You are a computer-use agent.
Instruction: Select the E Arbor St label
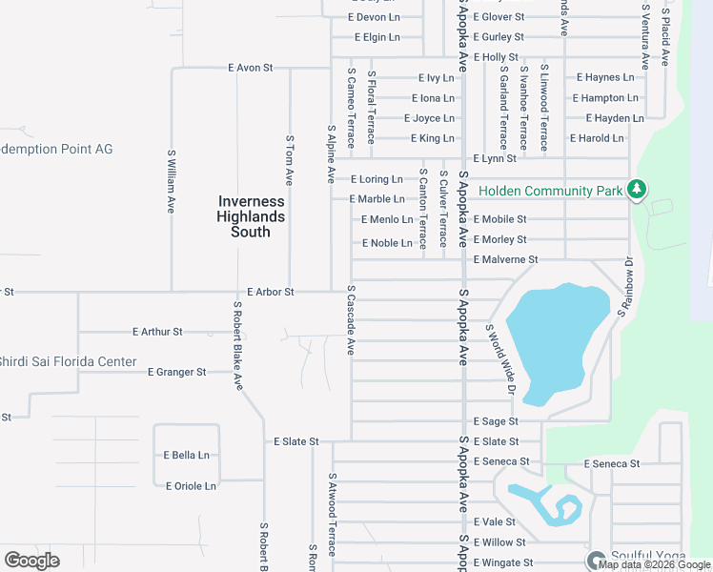pyautogui.click(x=270, y=292)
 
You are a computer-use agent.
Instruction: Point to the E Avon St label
pyautogui.click(x=251, y=69)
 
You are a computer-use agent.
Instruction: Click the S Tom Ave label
pyautogui.click(x=290, y=159)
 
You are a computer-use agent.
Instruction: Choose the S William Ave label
pyautogui.click(x=172, y=179)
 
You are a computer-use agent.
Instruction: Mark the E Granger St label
pyautogui.click(x=177, y=372)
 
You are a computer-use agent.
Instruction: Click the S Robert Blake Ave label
pyautogui.click(x=237, y=346)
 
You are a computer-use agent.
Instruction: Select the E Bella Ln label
pyautogui.click(x=186, y=456)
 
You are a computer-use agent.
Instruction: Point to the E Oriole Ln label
pyautogui.click(x=191, y=486)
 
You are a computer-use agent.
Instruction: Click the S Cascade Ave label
pyautogui.click(x=351, y=320)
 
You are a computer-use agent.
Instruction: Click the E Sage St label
pyautogui.click(x=495, y=421)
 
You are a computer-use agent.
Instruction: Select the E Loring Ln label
pyautogui.click(x=377, y=179)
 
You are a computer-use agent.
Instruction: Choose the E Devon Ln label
pyautogui.click(x=375, y=18)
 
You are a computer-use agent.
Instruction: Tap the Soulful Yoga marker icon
pyautogui.click(x=597, y=560)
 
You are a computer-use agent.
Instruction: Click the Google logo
pyautogui.click(x=32, y=561)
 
